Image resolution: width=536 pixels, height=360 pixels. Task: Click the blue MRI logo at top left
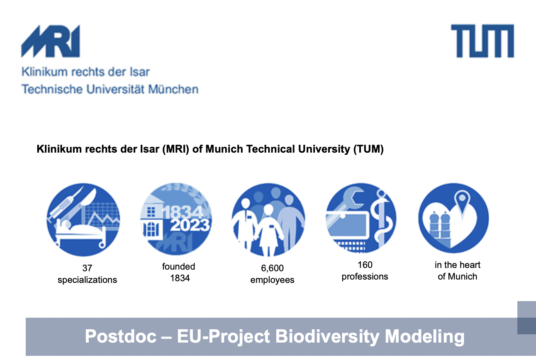click(51, 41)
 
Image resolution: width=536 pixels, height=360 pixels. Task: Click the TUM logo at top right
click(482, 41)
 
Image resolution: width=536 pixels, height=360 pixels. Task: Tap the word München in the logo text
click(173, 89)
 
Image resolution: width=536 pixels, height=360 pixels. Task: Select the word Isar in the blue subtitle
click(139, 72)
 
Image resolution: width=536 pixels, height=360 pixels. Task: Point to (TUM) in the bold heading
click(368, 149)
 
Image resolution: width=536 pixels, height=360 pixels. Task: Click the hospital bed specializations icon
click(83, 219)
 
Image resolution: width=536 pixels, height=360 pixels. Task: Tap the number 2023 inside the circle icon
click(190, 225)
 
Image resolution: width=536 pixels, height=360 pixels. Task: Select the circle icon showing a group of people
click(268, 219)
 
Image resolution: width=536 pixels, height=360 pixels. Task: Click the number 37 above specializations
click(87, 268)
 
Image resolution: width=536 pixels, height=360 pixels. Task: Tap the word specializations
click(88, 280)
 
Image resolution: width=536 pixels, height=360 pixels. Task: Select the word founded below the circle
click(178, 266)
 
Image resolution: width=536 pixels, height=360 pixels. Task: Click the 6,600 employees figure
click(272, 274)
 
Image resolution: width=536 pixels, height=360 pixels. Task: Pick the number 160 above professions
click(365, 265)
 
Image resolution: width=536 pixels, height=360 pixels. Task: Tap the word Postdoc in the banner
click(121, 336)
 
